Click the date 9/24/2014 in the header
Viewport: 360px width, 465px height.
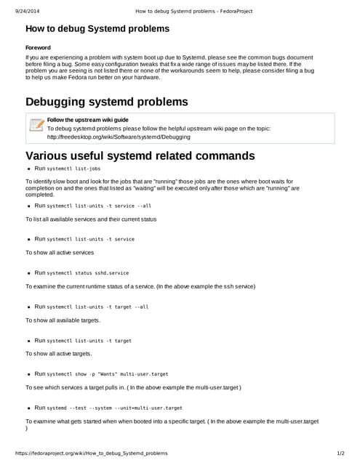tap(16, 9)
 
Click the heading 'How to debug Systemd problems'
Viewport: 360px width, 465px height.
tap(97, 29)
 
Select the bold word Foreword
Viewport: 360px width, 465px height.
tap(38, 48)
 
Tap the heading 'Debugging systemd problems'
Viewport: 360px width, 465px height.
tap(106, 102)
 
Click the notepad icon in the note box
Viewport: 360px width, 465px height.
tap(36, 124)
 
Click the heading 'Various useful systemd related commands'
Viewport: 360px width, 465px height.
tap(140, 155)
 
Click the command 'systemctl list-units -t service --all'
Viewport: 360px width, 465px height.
tap(99, 206)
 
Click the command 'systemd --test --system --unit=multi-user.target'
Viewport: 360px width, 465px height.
tap(114, 408)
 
